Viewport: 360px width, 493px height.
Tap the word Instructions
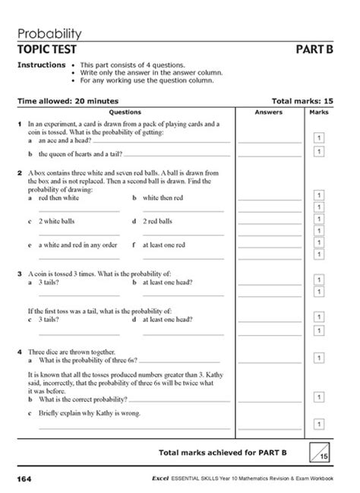(41, 65)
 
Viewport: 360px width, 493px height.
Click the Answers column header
(269, 112)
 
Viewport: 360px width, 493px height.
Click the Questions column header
(126, 112)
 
